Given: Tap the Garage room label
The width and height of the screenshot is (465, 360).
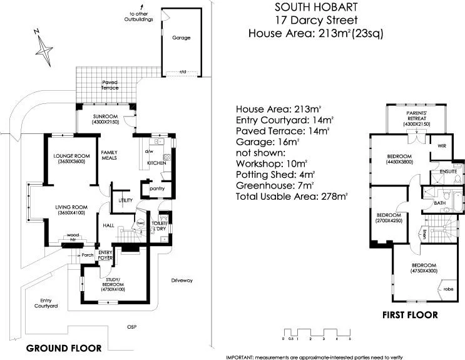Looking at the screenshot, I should [181, 38].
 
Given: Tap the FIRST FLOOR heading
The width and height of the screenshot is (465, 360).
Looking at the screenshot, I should [410, 315].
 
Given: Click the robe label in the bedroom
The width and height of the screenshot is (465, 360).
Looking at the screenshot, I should [448, 289].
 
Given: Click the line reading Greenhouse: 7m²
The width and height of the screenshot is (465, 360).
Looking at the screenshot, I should [277, 186].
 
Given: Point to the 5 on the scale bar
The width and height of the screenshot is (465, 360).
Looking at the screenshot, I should [350, 339].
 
